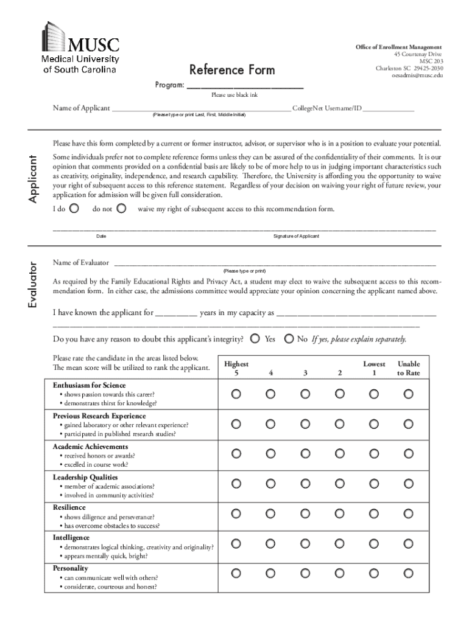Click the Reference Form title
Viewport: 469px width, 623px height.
232,70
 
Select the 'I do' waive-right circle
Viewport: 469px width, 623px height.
74,209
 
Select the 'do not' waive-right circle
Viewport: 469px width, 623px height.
121,209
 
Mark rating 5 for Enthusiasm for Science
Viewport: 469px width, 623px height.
236,394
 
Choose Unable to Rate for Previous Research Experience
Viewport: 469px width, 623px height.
409,424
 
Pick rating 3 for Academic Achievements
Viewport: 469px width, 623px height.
305,453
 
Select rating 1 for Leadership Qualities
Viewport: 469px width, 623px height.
374,483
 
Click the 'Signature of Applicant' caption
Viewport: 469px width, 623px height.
296,236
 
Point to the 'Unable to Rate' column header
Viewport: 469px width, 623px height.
409,368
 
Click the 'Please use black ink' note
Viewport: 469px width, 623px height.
234,96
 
